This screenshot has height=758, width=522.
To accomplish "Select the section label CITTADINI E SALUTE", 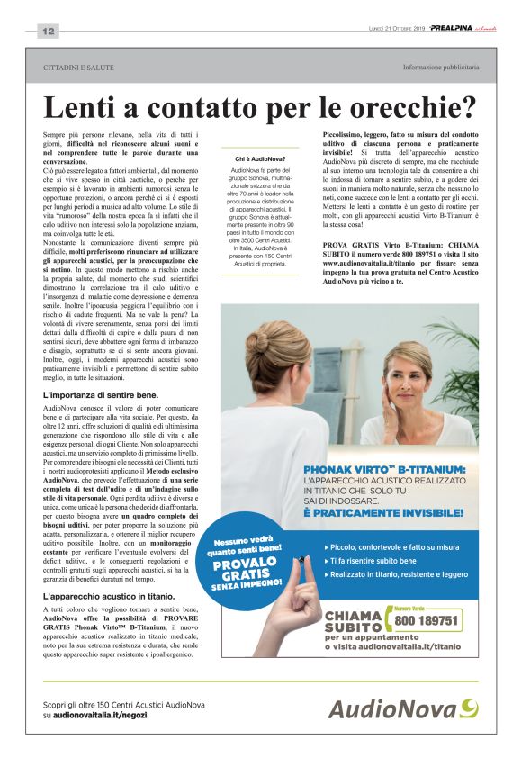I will (79, 68).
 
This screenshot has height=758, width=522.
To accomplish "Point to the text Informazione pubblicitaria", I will (441, 68).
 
